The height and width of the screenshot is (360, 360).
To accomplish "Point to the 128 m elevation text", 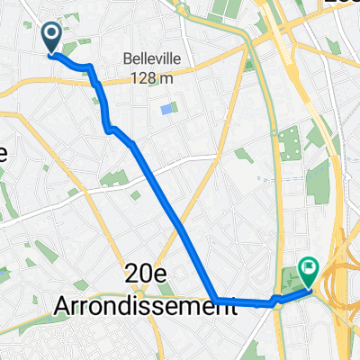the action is (x=150, y=78).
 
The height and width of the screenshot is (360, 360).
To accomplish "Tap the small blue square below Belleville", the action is (x=166, y=110).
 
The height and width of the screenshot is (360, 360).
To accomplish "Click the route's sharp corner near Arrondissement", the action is (x=214, y=300).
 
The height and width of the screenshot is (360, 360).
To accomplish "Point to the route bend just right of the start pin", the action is (x=90, y=67).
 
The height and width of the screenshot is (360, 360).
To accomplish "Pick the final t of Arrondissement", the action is (x=231, y=305).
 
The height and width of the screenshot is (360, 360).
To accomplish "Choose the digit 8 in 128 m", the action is (x=149, y=78).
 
